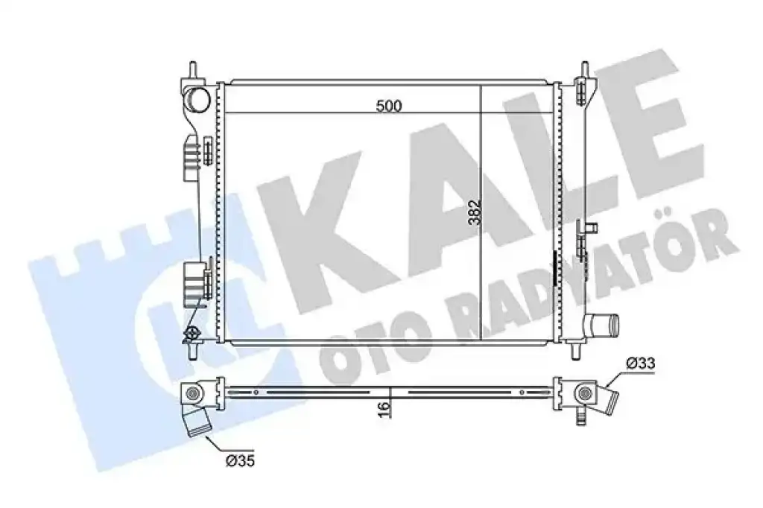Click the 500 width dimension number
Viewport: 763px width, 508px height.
(x=389, y=106)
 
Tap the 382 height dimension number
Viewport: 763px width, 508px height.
(x=474, y=212)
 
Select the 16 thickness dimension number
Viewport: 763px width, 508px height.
(x=384, y=409)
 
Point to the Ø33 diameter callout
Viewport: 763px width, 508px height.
(x=641, y=363)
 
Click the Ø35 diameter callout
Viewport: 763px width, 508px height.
(x=240, y=460)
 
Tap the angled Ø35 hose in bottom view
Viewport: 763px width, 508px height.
(x=196, y=420)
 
